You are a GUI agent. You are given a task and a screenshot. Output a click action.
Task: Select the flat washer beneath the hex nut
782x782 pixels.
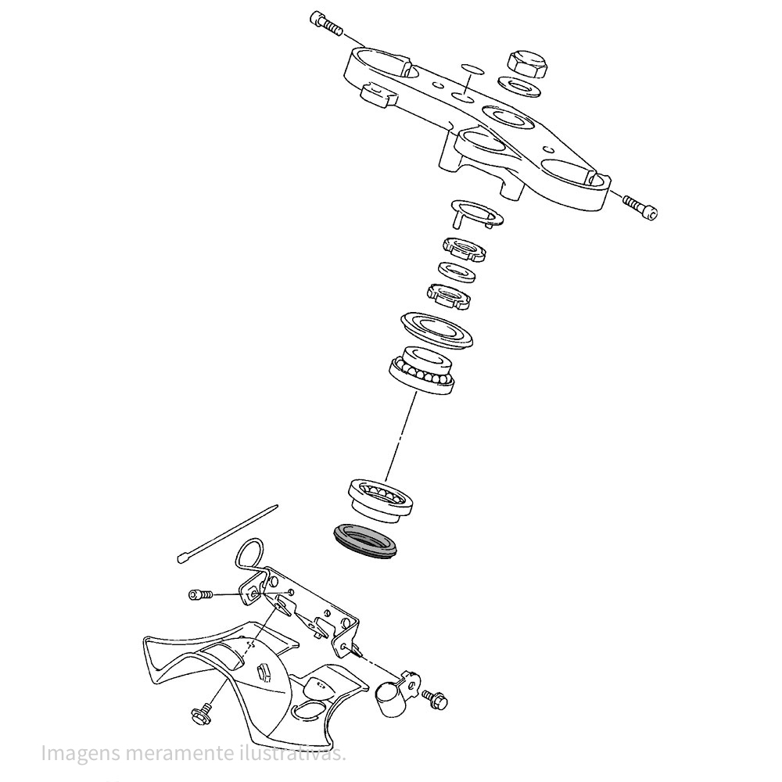click(521, 86)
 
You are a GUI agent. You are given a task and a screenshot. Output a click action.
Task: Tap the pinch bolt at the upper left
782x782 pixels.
click(326, 23)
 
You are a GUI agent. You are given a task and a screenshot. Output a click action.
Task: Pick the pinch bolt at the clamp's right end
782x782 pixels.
click(640, 206)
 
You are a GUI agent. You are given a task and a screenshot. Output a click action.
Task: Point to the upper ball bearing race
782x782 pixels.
click(421, 371)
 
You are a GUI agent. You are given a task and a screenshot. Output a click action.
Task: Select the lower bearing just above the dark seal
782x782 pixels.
click(380, 500)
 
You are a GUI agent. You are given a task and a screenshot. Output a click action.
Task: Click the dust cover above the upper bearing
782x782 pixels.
click(436, 329)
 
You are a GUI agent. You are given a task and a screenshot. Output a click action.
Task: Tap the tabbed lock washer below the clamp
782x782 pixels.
click(475, 213)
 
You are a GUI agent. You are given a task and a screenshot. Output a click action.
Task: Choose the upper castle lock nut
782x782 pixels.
click(465, 249)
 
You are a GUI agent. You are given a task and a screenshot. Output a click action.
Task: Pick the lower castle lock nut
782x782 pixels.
click(449, 296)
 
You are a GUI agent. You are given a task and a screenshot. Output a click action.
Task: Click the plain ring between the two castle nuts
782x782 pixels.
click(457, 271)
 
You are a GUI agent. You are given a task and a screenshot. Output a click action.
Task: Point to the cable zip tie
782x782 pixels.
click(228, 533)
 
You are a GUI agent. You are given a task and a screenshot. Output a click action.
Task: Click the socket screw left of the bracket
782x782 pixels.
click(200, 594)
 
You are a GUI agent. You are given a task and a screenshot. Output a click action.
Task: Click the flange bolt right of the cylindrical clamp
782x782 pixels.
click(435, 698)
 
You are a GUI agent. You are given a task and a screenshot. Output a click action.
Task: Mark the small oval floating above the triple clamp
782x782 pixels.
click(472, 69)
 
